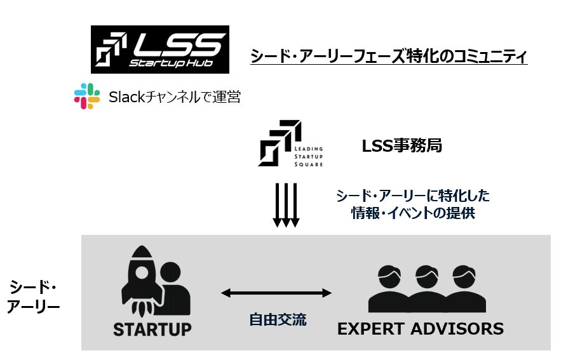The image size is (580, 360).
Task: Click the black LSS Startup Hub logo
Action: [159, 50]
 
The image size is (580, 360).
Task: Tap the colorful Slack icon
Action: [87, 97]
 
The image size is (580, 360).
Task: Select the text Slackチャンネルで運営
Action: [175, 97]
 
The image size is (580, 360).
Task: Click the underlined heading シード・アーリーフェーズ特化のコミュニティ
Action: [389, 57]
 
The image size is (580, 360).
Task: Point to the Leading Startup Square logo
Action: [290, 143]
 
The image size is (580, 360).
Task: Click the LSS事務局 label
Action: [401, 146]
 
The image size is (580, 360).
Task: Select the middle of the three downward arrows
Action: [286, 204]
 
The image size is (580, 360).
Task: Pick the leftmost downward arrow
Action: [277, 204]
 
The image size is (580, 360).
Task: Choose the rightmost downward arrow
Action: [295, 204]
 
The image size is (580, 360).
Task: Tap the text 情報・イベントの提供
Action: [413, 214]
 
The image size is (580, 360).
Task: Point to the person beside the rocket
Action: [173, 289]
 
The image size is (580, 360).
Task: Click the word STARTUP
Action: [152, 330]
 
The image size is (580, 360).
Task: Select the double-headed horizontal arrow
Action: [276, 293]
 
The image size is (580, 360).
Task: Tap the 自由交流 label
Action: [278, 319]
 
